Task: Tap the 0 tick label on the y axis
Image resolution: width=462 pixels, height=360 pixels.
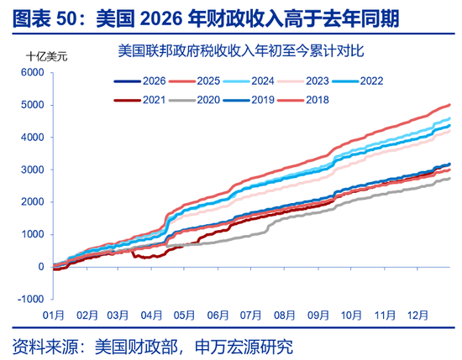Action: (39, 267)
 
